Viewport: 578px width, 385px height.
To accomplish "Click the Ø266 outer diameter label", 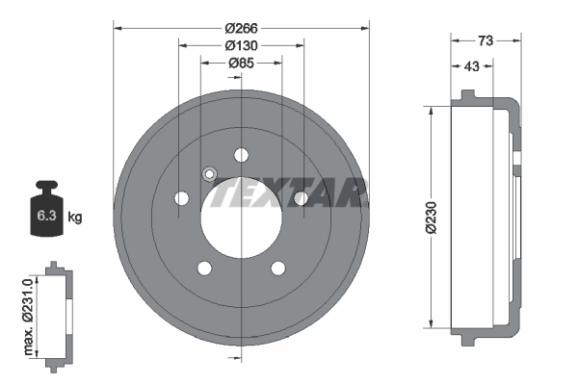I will pos(241,28).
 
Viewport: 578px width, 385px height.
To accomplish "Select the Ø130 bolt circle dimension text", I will pos(241,45).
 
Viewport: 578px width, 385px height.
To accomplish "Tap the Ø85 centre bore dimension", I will pos(241,64).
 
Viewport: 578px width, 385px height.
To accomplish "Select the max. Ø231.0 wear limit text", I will pos(29,312).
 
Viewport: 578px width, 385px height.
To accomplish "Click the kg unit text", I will pos(75,218).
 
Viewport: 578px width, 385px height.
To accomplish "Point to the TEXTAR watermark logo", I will pos(289,192).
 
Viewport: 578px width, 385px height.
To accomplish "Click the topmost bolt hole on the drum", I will pos(241,154).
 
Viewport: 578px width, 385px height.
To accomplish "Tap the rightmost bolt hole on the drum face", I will pos(301,198).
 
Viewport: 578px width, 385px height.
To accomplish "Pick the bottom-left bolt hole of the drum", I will pos(204,269).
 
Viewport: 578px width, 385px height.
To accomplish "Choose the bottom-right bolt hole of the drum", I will pos(277,269).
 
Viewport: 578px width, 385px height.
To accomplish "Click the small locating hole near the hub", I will pos(208,174).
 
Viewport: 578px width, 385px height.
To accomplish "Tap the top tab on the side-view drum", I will pos(468,95).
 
